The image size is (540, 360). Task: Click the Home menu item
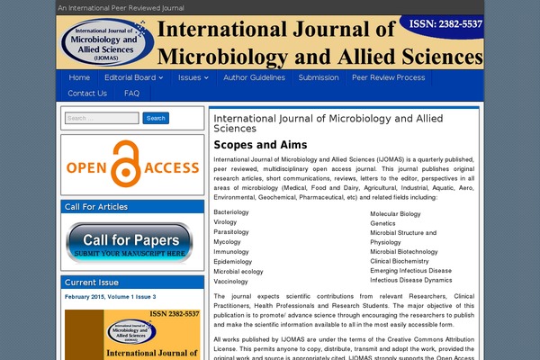pyautogui.click(x=79, y=77)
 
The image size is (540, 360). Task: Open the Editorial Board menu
pyautogui.click(x=134, y=77)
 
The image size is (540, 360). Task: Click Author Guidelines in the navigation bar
pyautogui.click(x=254, y=77)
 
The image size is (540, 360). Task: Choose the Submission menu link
pyautogui.click(x=319, y=77)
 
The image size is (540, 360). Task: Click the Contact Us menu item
pyautogui.click(x=87, y=93)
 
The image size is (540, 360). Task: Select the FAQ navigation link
pyautogui.click(x=132, y=93)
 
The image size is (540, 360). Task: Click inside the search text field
pyautogui.click(x=102, y=118)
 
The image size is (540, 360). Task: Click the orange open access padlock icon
pyautogui.click(x=131, y=166)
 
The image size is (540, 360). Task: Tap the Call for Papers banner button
pyautogui.click(x=131, y=242)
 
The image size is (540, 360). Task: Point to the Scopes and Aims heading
pyautogui.click(x=260, y=145)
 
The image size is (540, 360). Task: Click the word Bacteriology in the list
pyautogui.click(x=232, y=211)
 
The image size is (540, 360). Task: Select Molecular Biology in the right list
pyautogui.click(x=395, y=214)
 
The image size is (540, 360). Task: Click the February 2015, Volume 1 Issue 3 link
pyautogui.click(x=110, y=296)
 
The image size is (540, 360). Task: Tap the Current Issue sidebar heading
pyautogui.click(x=91, y=282)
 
